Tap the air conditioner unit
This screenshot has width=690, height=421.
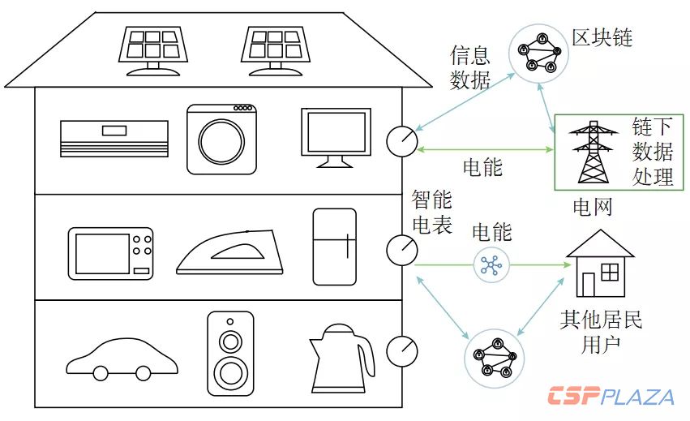click(114, 138)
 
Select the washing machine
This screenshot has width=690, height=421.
click(220, 138)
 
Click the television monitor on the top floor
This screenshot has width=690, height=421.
click(335, 136)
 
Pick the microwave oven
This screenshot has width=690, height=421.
click(110, 252)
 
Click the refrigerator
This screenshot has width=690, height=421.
click(335, 247)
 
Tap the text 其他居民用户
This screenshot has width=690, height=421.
click(601, 331)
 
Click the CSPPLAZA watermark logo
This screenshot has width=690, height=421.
click(610, 397)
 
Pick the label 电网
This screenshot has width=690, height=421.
click(592, 208)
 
